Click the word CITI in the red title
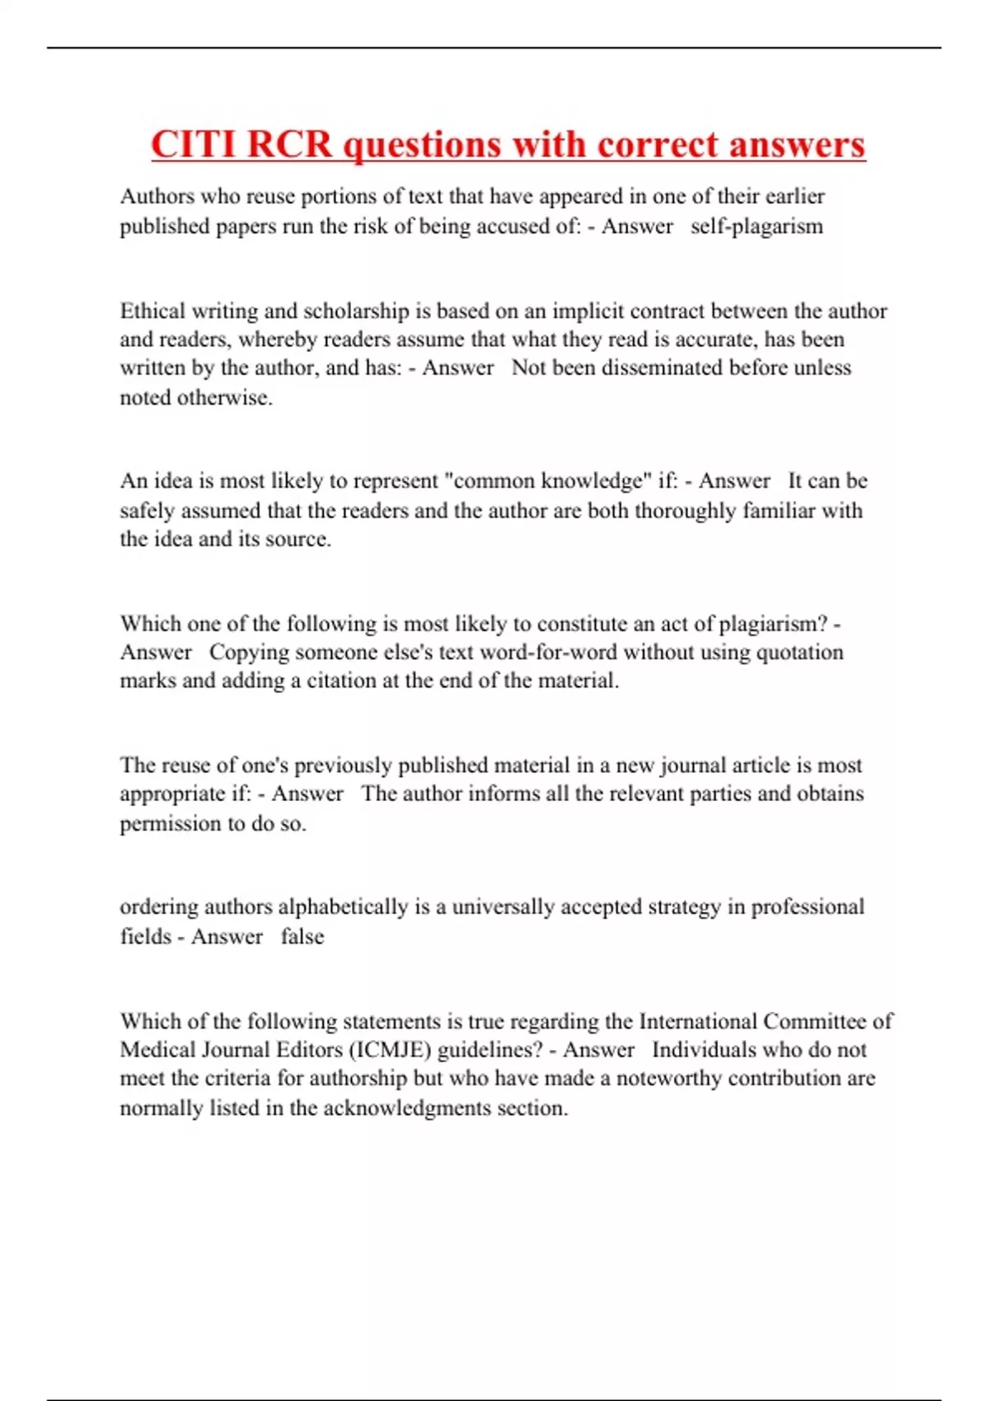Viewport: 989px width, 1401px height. [x=194, y=144]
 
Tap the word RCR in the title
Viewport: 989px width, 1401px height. [x=288, y=144]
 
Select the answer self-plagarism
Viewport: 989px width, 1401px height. [x=757, y=226]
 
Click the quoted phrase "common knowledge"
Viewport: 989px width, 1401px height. [x=547, y=480]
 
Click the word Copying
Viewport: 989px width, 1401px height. [x=249, y=652]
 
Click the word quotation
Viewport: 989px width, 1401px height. [x=799, y=652]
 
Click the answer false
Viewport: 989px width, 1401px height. [x=302, y=936]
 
